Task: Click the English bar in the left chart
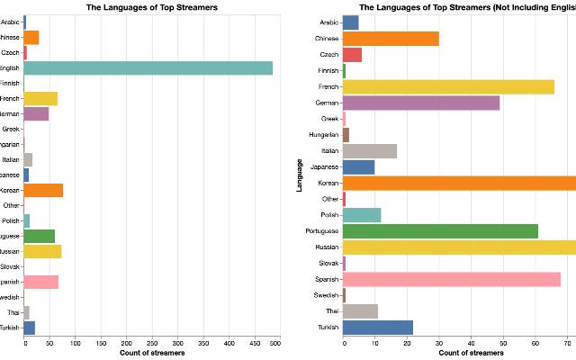coord(148,67)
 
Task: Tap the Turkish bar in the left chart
coord(29,328)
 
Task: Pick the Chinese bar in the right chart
coord(391,38)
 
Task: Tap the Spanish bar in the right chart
coord(452,279)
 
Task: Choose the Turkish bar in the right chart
coord(378,327)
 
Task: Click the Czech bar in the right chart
coord(352,54)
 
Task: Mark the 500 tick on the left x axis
coord(274,343)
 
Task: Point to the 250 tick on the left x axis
coord(149,343)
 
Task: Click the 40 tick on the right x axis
coord(471,343)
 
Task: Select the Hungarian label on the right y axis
coord(323,135)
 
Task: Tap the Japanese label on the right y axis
coord(324,166)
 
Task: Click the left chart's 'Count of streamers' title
coord(152,353)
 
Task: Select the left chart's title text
coord(152,6)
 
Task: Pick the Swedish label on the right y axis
coord(325,294)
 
